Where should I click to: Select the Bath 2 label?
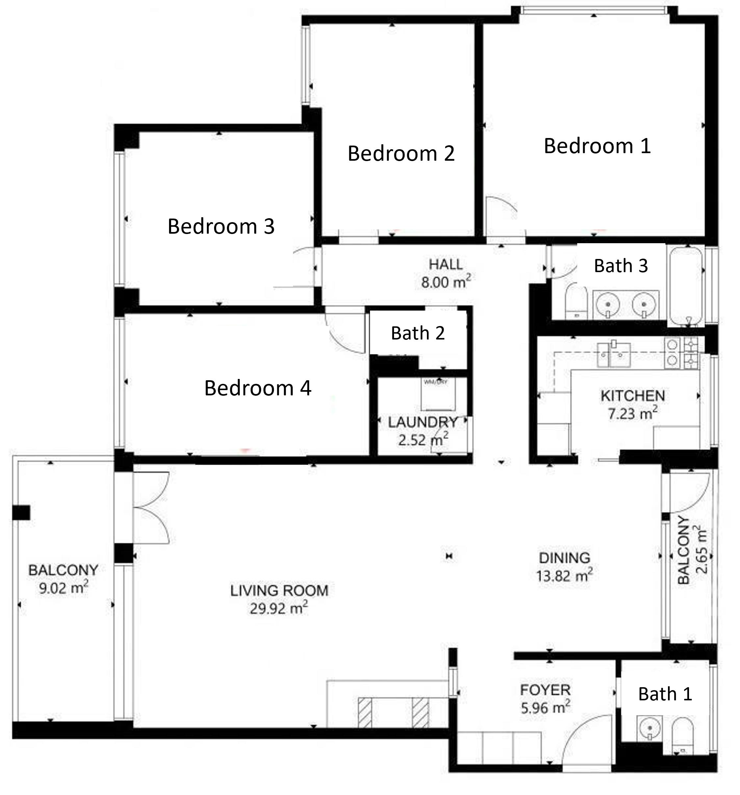point(417,333)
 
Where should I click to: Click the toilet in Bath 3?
point(577,304)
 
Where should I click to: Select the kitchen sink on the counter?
point(613,354)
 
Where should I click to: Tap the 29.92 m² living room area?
point(279,609)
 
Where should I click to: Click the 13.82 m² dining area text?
point(564,576)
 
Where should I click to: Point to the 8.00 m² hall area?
point(445,282)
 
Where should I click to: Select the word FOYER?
point(545,690)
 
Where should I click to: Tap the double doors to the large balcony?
point(151,508)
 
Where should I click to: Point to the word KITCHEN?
point(632,396)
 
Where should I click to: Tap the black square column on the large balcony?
point(21,512)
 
